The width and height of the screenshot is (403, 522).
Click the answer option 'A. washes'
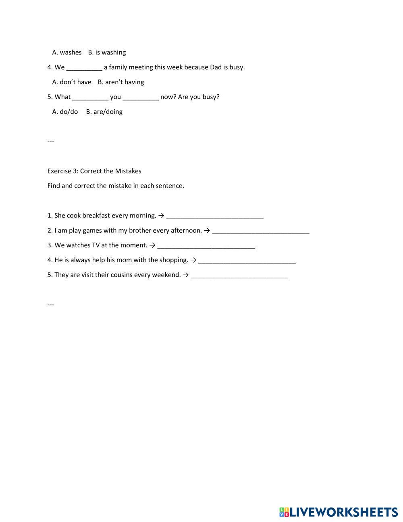pyautogui.click(x=66, y=52)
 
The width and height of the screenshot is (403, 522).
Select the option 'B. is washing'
pyautogui.click(x=107, y=52)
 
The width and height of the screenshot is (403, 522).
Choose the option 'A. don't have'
pyautogui.click(x=72, y=82)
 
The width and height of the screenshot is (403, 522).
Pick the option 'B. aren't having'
pyautogui.click(x=120, y=82)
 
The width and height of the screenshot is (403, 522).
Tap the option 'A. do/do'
pyautogui.click(x=65, y=112)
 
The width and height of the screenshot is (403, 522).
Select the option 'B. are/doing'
pyautogui.click(x=104, y=112)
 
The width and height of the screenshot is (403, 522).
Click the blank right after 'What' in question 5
pyautogui.click(x=90, y=97)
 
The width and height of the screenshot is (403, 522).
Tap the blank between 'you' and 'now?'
pyautogui.click(x=141, y=97)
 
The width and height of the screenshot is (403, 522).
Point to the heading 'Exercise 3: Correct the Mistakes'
pyautogui.click(x=94, y=171)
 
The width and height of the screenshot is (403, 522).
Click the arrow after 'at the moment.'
pyautogui.click(x=152, y=245)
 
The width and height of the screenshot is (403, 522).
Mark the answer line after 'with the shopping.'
pyautogui.click(x=247, y=261)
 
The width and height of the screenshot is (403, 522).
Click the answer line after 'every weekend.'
pyautogui.click(x=239, y=276)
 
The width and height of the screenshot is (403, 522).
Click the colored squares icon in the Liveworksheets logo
pyautogui.click(x=284, y=512)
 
